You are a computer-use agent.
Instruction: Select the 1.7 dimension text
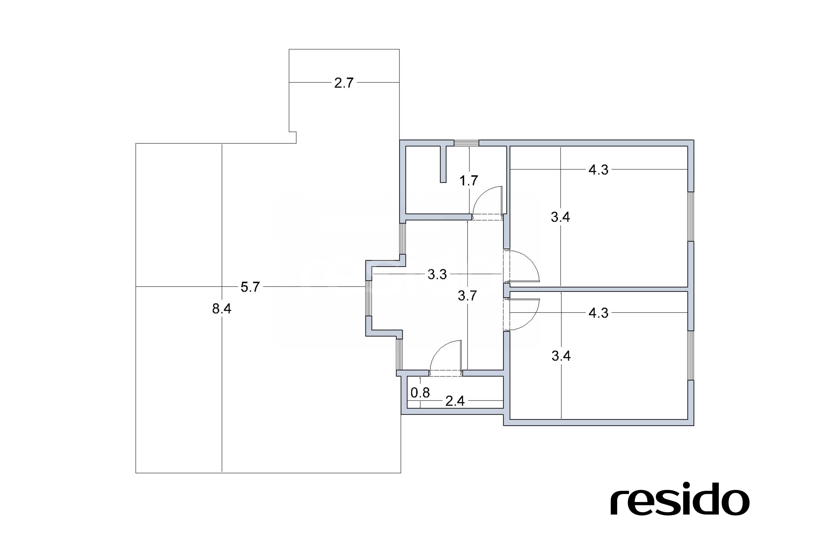pyautogui.click(x=469, y=181)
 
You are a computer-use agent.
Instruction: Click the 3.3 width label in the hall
pyautogui.click(x=437, y=275)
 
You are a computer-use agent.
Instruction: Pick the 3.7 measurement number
pyautogui.click(x=467, y=296)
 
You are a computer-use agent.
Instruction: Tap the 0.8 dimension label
pyautogui.click(x=420, y=393)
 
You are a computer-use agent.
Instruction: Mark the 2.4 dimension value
pyautogui.click(x=455, y=401)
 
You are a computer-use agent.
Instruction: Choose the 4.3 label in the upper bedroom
pyautogui.click(x=598, y=170)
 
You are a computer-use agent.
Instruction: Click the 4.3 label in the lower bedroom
pyautogui.click(x=598, y=313)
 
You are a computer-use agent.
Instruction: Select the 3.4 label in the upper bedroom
pyautogui.click(x=560, y=217)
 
